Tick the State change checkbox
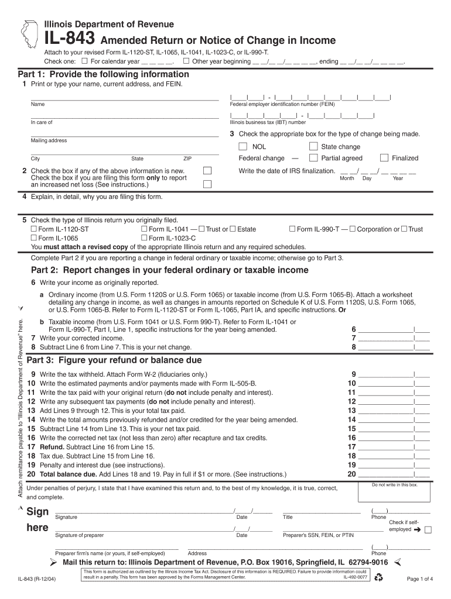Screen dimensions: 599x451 (x=313, y=147)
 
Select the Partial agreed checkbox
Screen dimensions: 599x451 (x=313, y=158)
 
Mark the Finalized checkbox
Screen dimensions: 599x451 (x=384, y=158)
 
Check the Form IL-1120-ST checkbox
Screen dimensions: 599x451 (x=34, y=229)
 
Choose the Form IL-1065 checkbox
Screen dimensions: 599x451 (x=34, y=238)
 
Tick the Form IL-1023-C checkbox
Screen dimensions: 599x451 (x=145, y=238)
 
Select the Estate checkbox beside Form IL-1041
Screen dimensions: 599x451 (x=233, y=229)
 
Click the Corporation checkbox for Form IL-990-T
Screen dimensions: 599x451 (x=353, y=229)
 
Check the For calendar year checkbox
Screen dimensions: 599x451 (x=85, y=61)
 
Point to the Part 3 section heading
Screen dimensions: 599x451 (x=114, y=360)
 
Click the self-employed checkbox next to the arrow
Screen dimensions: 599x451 (x=428, y=529)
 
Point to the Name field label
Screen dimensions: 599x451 (x=37, y=104)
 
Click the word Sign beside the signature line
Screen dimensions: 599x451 (x=38, y=512)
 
